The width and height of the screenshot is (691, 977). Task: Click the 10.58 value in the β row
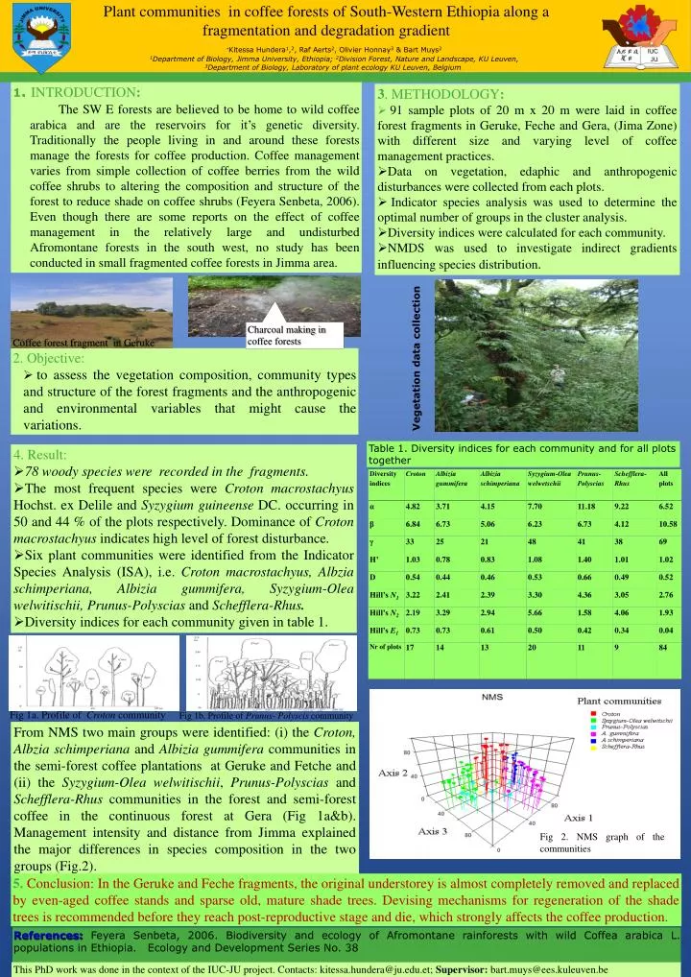click(x=668, y=524)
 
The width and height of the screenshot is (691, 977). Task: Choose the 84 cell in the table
click(x=663, y=648)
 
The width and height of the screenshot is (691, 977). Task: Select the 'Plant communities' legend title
click(x=624, y=700)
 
